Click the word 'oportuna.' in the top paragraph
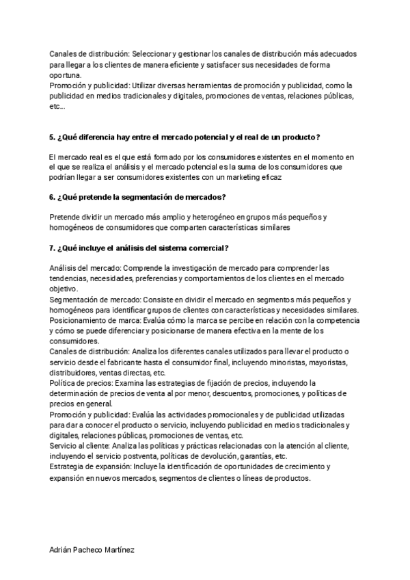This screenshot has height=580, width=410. [x=66, y=75]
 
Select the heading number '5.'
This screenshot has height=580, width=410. [x=53, y=137]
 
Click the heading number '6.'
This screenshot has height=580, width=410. [x=53, y=197]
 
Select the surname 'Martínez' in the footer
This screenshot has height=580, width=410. [x=119, y=549]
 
